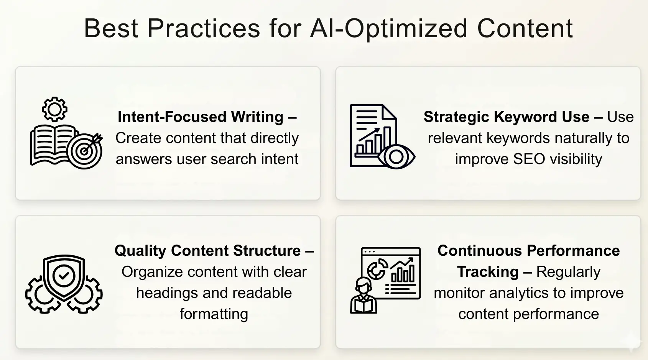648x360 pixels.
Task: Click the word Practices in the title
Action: click(x=204, y=28)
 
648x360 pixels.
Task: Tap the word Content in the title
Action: click(x=525, y=28)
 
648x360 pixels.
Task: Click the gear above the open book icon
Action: click(x=54, y=109)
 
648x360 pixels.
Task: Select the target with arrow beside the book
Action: click(x=85, y=151)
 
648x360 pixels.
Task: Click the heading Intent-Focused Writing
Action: click(x=200, y=117)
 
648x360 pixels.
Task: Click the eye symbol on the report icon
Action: click(x=396, y=156)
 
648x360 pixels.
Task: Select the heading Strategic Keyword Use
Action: click(x=506, y=117)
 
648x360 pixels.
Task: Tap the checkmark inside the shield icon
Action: click(x=64, y=275)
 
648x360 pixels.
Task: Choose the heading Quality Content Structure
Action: click(x=207, y=251)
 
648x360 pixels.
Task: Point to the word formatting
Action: click(x=214, y=314)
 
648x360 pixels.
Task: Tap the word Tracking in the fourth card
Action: click(x=488, y=272)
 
